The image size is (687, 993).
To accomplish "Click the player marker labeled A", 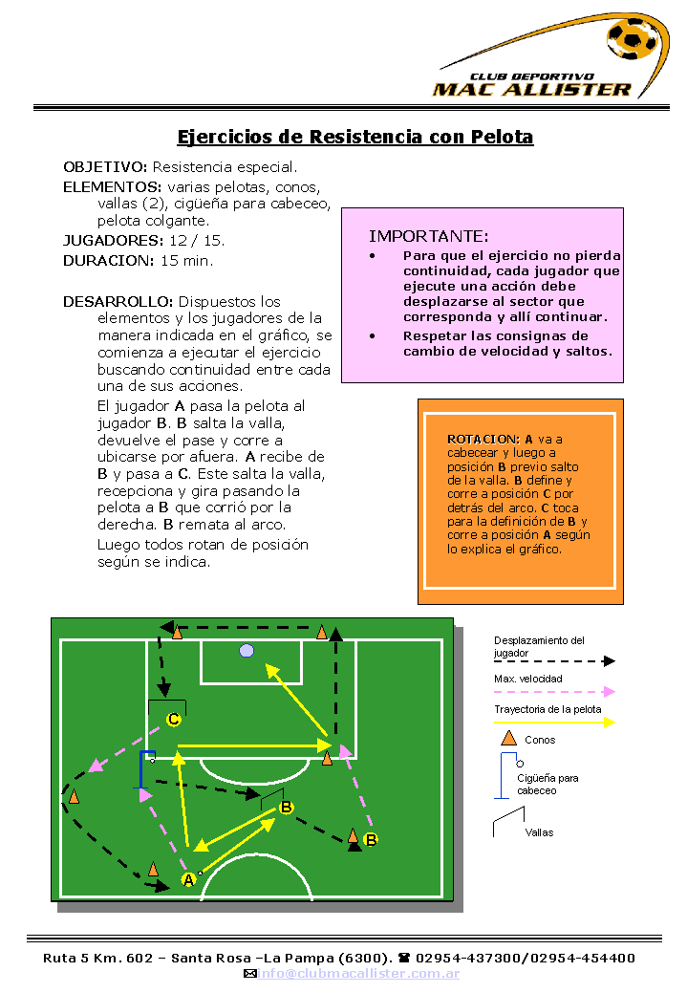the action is (x=188, y=879).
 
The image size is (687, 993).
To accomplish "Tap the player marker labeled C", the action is (x=174, y=719).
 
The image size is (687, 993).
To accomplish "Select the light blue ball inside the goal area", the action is (x=247, y=651).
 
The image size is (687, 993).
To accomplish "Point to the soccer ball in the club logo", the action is (x=632, y=40).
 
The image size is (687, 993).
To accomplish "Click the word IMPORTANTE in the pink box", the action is (x=429, y=236).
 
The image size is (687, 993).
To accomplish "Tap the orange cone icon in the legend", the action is (x=509, y=738).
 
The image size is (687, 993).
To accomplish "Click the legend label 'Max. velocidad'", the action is (x=528, y=679).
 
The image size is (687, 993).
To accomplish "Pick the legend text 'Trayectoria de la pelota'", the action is (x=547, y=709).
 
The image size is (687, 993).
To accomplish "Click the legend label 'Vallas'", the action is (x=539, y=832).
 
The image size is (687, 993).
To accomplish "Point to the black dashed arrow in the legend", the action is (x=554, y=661).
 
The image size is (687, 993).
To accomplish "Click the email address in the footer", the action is (x=358, y=973).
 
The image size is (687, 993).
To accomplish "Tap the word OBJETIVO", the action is (x=105, y=167).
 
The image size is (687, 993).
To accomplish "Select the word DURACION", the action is (x=108, y=260).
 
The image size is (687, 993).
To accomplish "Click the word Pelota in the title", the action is (x=502, y=137).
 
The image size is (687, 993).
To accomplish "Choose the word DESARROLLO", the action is (x=118, y=301).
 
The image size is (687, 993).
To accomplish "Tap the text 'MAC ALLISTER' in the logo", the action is (x=532, y=90).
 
